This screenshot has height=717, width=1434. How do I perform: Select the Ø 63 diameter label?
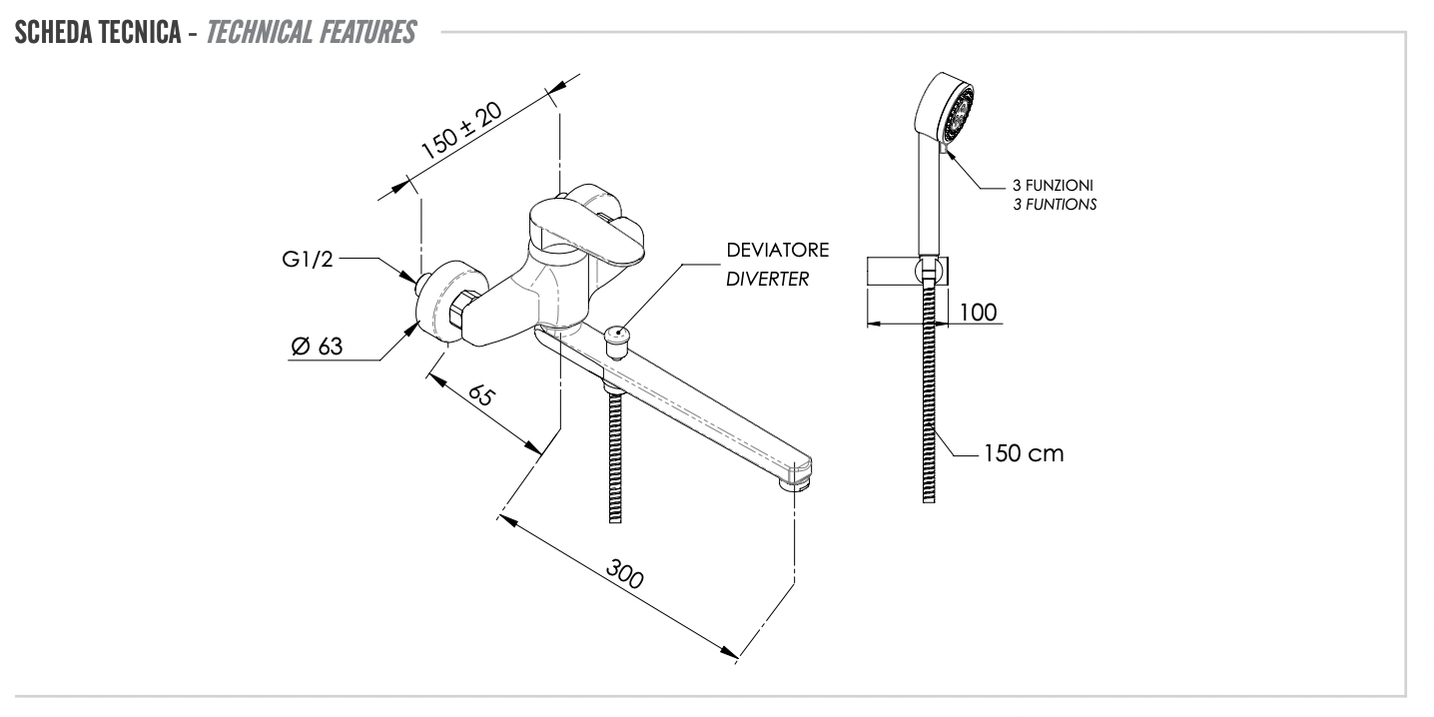pyautogui.click(x=318, y=347)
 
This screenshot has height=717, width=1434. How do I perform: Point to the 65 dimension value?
pyautogui.click(x=481, y=395)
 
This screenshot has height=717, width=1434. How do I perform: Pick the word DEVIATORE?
pyautogui.click(x=763, y=248)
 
